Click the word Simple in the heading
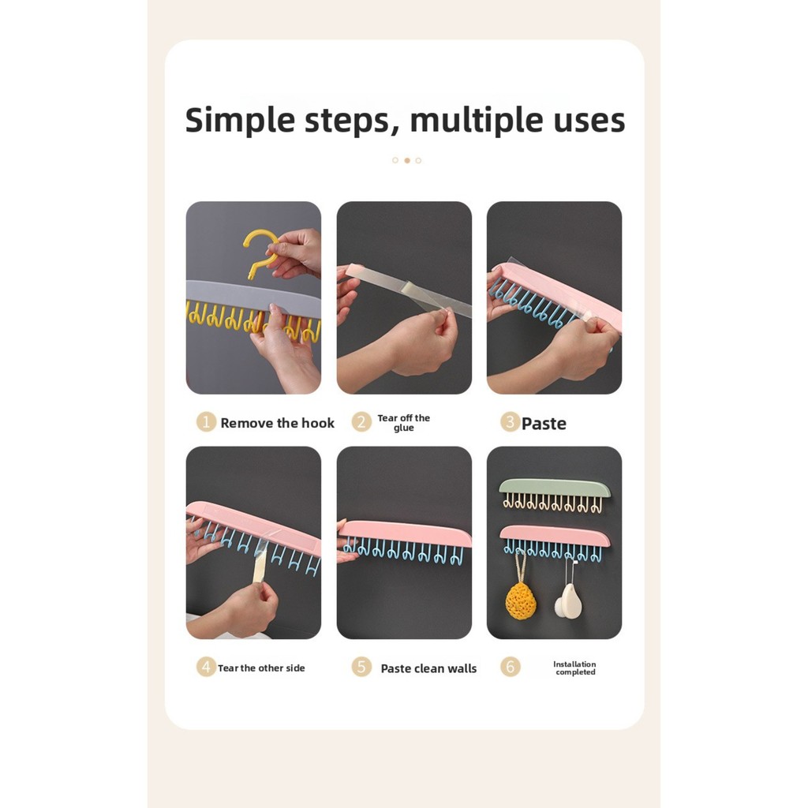240,121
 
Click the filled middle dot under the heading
407,161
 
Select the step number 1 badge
206,422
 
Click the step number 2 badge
361,422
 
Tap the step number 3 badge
510,422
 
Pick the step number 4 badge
206,667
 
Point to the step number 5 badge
361,667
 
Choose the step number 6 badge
511,667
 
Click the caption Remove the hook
277,423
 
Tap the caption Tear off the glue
403,423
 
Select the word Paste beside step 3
544,424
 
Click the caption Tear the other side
261,668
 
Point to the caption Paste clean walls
428,668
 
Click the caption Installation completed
574,668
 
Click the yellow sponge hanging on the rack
521,600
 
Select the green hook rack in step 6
555,488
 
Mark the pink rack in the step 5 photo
405,534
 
